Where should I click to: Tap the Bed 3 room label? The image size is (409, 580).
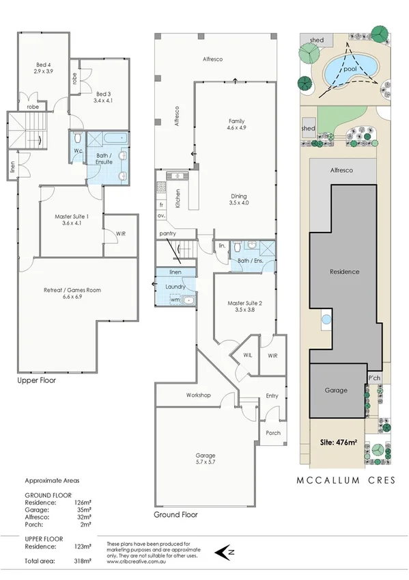click(103, 94)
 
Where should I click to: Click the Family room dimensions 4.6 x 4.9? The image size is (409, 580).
click(236, 127)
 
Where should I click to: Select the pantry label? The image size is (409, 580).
click(168, 234)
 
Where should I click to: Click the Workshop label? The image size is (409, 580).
click(198, 395)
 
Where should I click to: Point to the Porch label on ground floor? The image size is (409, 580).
click(273, 432)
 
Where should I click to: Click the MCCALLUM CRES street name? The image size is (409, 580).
click(345, 480)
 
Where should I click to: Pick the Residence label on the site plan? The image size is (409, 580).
click(345, 272)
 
